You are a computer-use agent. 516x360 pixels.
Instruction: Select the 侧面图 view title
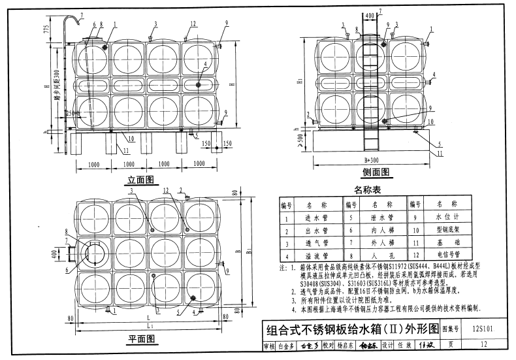(x=376, y=172)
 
